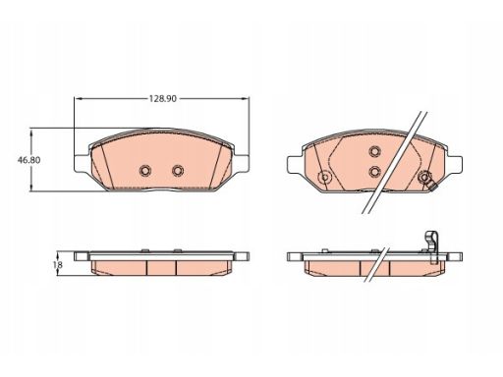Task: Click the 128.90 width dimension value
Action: (x=163, y=98)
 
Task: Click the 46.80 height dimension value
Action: (x=29, y=160)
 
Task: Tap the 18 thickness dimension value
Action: (x=58, y=264)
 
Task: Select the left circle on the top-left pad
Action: (x=144, y=170)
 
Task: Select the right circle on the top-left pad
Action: (x=178, y=170)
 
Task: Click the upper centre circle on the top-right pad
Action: (x=374, y=151)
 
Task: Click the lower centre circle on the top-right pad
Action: (x=374, y=171)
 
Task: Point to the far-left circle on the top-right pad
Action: (x=325, y=178)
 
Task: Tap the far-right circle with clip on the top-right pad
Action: (x=424, y=178)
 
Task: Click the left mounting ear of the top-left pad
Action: (x=82, y=163)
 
